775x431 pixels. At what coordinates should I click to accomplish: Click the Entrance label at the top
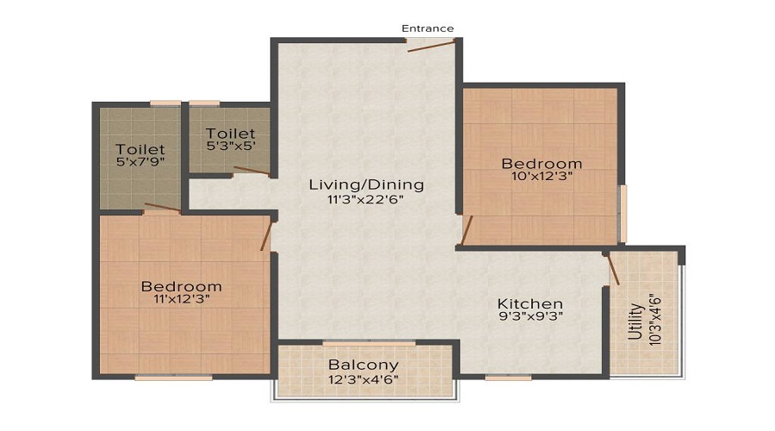(428, 28)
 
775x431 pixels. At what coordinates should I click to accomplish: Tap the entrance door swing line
(431, 45)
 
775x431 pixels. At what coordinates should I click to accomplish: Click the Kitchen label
(530, 304)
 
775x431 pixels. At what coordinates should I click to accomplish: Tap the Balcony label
(363, 365)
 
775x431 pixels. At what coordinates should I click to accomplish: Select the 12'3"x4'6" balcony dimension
(363, 379)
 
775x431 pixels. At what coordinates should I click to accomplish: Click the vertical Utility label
(635, 321)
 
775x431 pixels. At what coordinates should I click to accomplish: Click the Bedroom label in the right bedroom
(542, 164)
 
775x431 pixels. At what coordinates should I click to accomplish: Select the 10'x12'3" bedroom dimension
(542, 178)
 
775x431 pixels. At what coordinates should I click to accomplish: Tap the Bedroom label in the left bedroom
(182, 286)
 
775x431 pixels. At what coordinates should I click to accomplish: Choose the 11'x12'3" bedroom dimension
(182, 300)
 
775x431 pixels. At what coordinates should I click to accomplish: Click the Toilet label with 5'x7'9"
(140, 150)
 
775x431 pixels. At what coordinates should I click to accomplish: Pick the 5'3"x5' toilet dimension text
(231, 147)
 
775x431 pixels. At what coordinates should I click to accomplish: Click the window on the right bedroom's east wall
(623, 213)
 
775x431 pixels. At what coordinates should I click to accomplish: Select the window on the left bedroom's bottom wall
(173, 377)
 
